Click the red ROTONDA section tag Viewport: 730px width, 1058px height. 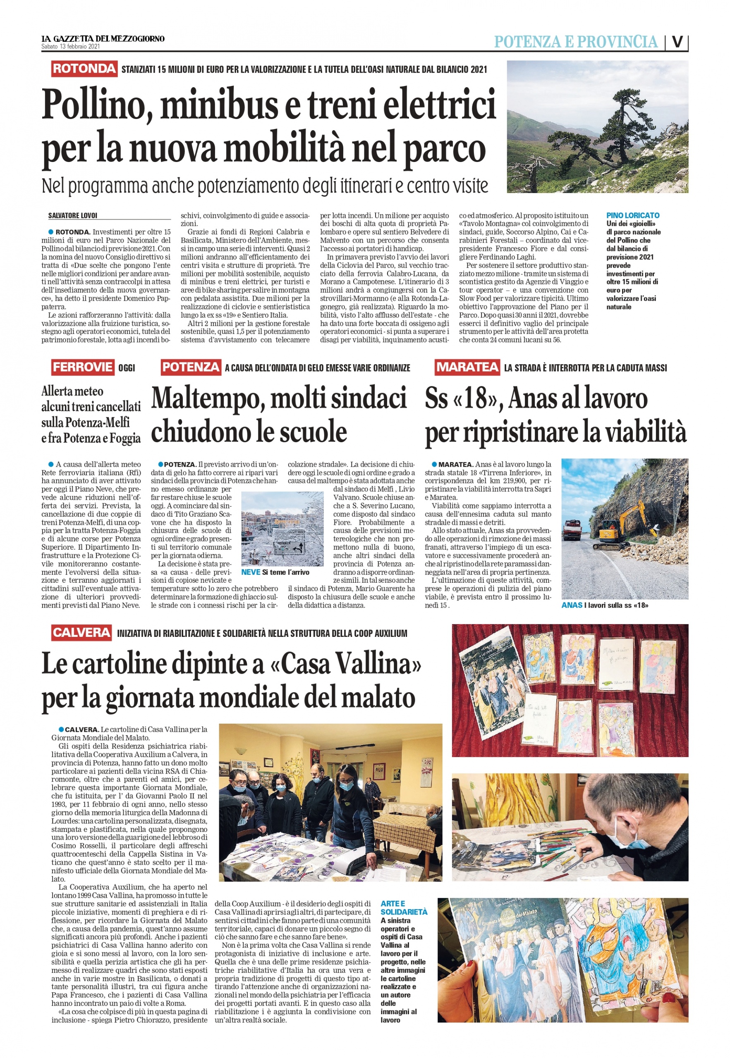coord(84,69)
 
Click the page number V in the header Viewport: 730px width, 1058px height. coord(677,42)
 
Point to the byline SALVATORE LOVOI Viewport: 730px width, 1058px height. coord(73,216)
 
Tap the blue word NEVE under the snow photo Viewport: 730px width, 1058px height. coord(251,572)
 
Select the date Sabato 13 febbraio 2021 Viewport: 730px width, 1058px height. coord(70,46)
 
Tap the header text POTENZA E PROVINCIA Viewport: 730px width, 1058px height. coord(575,42)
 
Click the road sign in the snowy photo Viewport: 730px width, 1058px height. coord(289,545)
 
